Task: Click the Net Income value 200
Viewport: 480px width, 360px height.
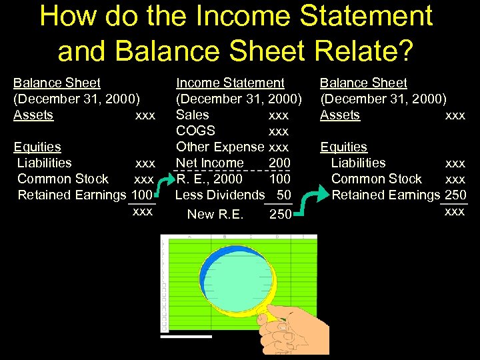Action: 279,163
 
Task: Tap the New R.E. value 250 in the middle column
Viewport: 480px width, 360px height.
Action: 280,215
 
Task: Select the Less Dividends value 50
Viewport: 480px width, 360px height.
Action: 283,195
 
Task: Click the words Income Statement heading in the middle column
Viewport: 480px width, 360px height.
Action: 230,83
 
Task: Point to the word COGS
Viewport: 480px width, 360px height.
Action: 195,131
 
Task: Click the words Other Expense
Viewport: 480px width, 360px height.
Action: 220,147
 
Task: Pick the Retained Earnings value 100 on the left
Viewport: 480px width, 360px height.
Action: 142,195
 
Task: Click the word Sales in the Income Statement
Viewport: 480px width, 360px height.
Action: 192,115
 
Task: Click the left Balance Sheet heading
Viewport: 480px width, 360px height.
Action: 57,83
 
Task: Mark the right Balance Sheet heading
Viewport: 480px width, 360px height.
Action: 363,83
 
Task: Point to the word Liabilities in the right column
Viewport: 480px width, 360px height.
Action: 358,163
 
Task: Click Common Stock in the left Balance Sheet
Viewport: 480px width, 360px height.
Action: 63,179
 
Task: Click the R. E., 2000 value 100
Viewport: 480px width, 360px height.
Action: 279,179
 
